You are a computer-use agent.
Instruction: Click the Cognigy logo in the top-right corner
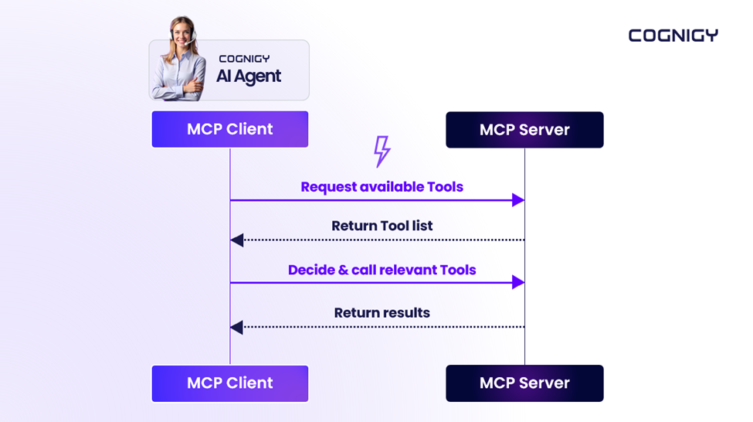(673, 36)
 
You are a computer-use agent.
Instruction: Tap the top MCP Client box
(229, 129)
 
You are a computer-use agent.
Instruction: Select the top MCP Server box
(524, 130)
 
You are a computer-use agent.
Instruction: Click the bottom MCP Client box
(229, 383)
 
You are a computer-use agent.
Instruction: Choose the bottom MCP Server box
(524, 383)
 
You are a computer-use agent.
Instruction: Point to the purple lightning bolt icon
(382, 151)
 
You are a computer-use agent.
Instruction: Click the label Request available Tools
(382, 187)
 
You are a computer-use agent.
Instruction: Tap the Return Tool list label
(382, 226)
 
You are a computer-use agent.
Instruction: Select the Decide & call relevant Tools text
(382, 270)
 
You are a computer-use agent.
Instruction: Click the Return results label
(382, 313)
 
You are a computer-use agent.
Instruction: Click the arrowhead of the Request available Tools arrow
(518, 200)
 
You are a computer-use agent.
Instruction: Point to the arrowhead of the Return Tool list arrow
(237, 240)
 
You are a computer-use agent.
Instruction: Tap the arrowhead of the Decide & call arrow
(518, 283)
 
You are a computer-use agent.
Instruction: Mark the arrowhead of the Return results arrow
(237, 328)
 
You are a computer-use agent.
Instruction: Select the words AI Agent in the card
(248, 77)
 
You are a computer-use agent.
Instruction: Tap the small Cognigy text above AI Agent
(244, 59)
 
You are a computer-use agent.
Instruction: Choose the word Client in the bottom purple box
(249, 383)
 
